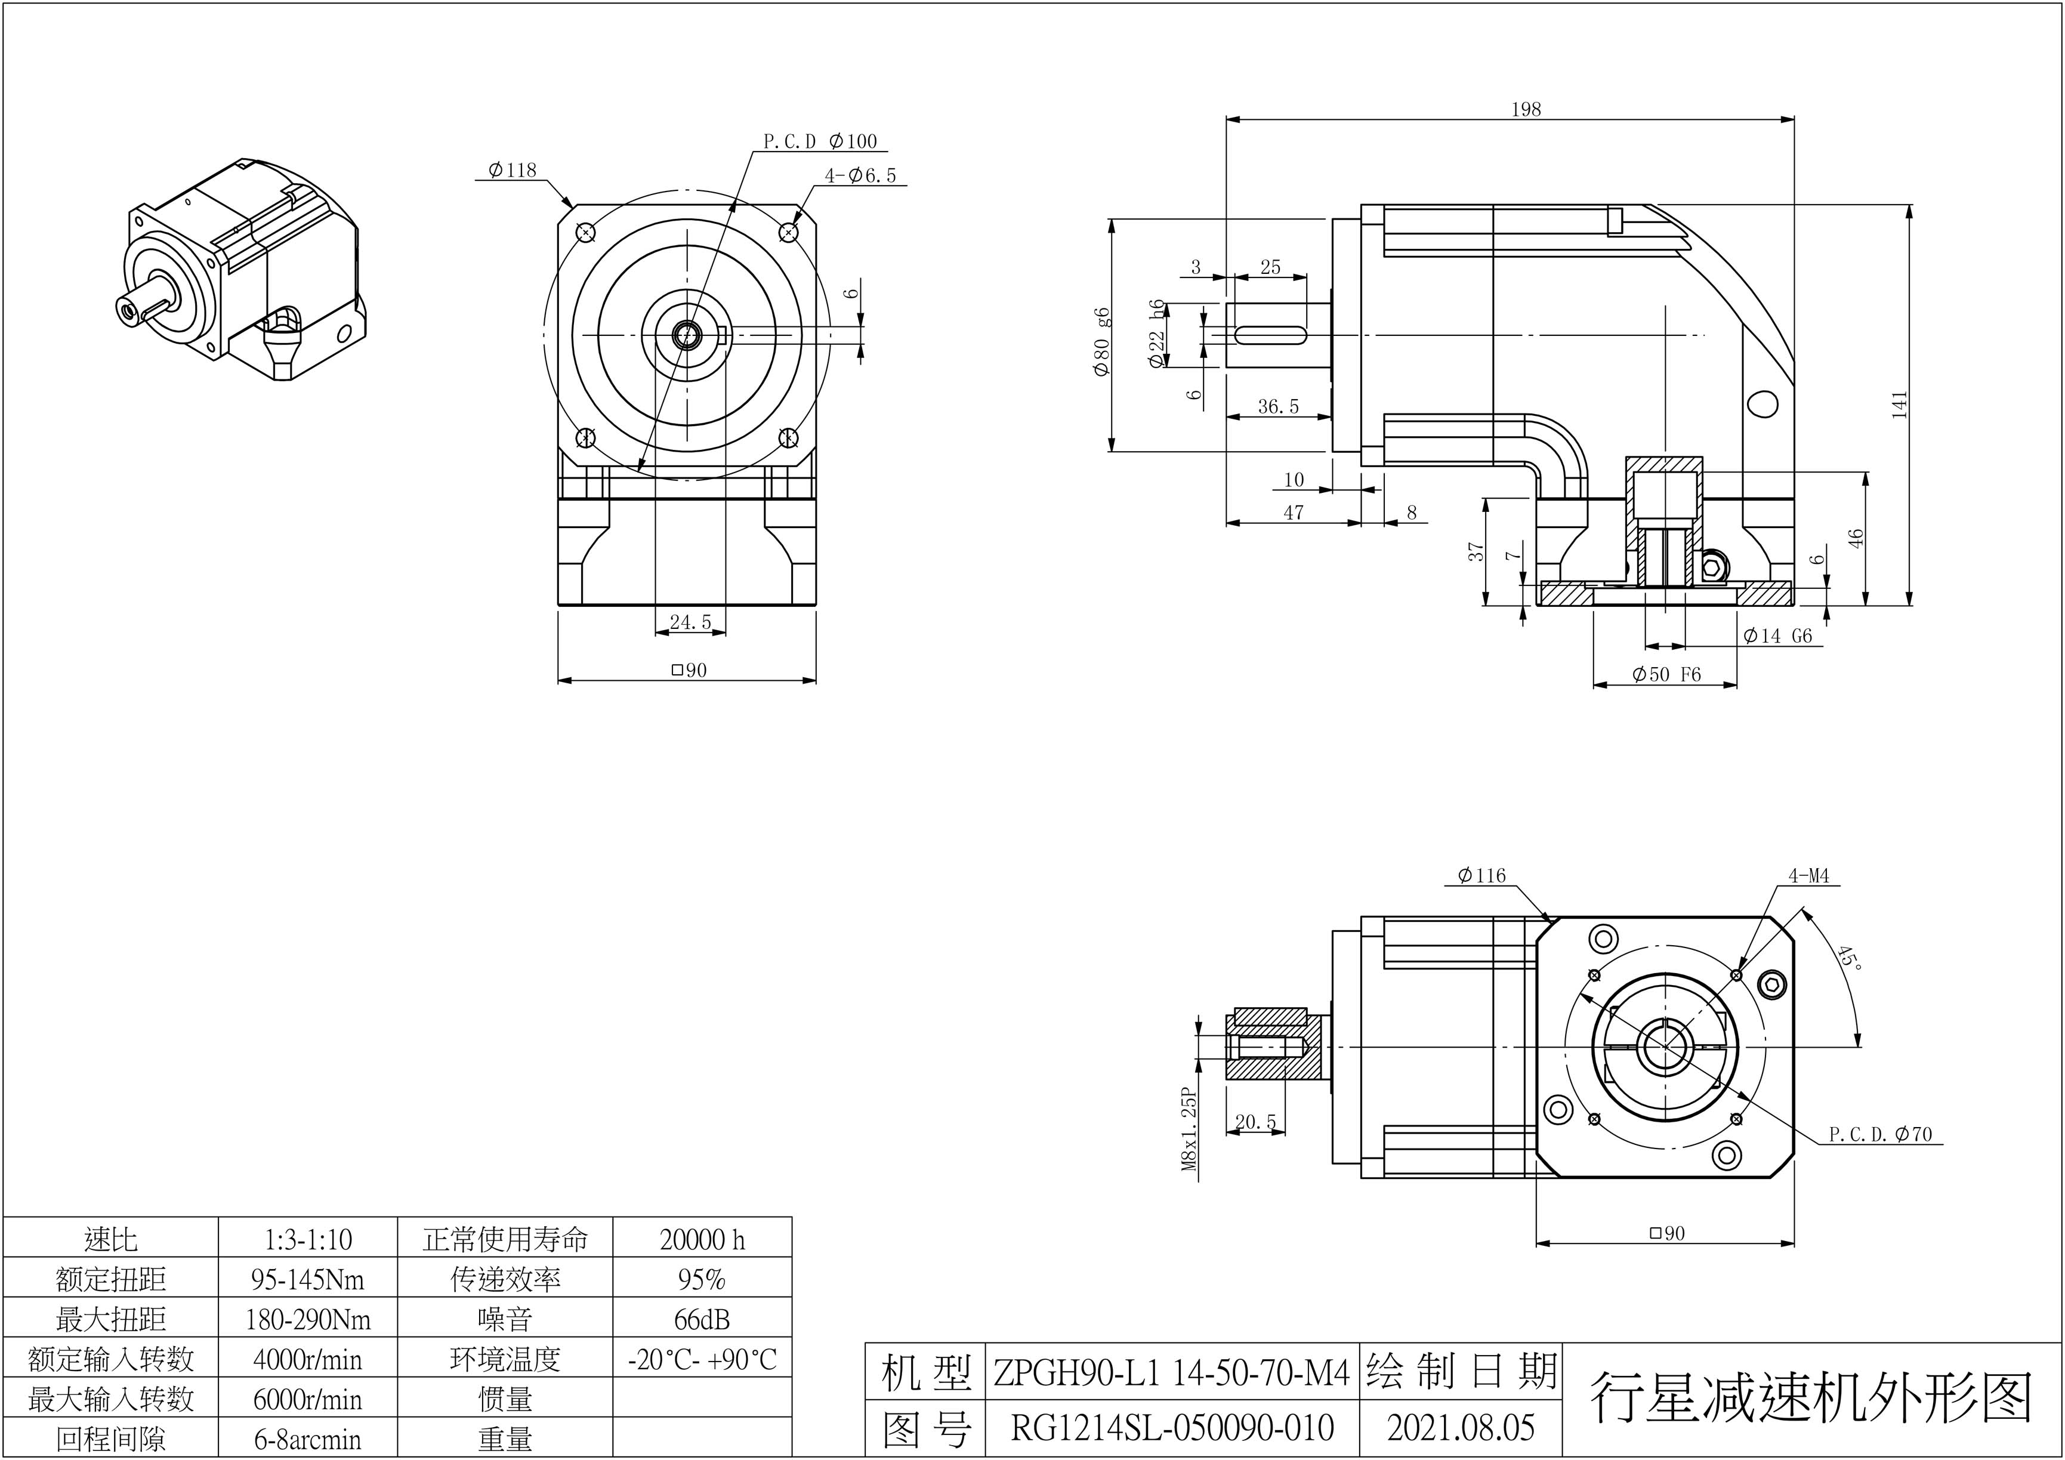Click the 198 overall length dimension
tap(1526, 110)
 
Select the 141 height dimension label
tap(1899, 404)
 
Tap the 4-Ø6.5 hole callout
tap(861, 175)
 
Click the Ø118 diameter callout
tap(512, 170)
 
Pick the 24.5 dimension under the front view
tap(690, 622)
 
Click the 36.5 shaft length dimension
tap(1278, 406)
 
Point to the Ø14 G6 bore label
tap(1777, 636)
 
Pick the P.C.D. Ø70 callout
tap(1879, 1134)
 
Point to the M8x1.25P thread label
tap(1190, 1130)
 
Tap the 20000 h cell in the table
tap(702, 1240)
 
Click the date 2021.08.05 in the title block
tap(1461, 1428)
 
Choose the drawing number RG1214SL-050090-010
tap(1172, 1428)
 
